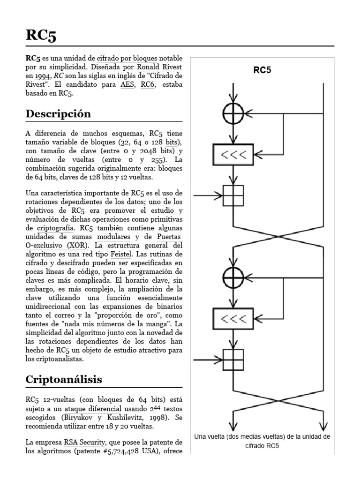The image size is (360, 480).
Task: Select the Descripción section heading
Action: pyautogui.click(x=58, y=114)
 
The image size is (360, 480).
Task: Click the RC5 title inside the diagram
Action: pyautogui.click(x=262, y=71)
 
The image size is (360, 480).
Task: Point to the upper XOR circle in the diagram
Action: pyautogui.click(x=233, y=113)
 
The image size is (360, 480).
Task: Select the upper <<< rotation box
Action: pyautogui.click(x=233, y=154)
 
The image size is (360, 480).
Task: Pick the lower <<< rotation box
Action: pyautogui.click(x=233, y=318)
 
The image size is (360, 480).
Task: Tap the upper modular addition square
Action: pyautogui.click(x=233, y=195)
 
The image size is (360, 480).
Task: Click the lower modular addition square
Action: pyautogui.click(x=233, y=360)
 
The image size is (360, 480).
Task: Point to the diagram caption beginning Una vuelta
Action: pyautogui.click(x=262, y=441)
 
